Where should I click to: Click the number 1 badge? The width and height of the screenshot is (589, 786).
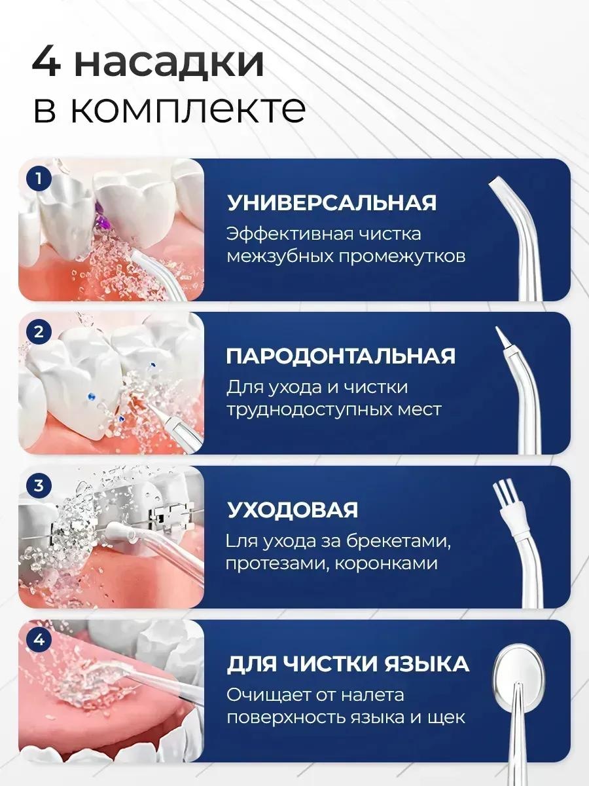pyautogui.click(x=39, y=178)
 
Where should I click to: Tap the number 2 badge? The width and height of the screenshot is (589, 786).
pyautogui.click(x=39, y=332)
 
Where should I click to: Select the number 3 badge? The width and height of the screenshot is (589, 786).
pyautogui.click(x=39, y=486)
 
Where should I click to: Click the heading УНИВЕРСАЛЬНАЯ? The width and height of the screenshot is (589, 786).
pyautogui.click(x=332, y=203)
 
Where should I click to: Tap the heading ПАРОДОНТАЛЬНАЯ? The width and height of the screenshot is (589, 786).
pyautogui.click(x=341, y=356)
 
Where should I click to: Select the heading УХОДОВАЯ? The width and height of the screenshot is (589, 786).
pyautogui.click(x=292, y=510)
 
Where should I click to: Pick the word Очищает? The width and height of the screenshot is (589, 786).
pyautogui.click(x=268, y=695)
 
